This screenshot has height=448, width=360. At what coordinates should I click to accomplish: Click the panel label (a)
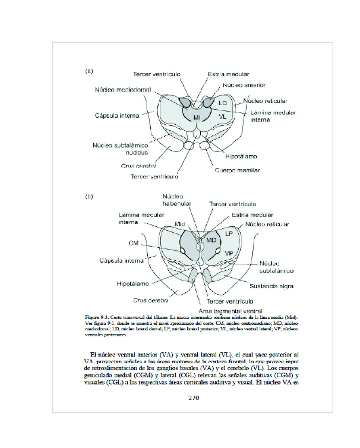pos(89,71)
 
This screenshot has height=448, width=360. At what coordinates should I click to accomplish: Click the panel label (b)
pos(89,195)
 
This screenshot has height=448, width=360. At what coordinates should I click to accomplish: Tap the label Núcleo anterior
pos(244,86)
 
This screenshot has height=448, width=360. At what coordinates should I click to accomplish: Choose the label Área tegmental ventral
pos(223,311)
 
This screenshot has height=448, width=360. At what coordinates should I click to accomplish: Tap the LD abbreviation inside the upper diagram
pos(223,103)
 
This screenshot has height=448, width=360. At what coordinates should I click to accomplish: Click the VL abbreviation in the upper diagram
pos(222,117)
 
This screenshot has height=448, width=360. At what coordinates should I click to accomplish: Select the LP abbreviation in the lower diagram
pos(229,234)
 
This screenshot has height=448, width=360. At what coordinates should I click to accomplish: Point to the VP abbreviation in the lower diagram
pos(229,253)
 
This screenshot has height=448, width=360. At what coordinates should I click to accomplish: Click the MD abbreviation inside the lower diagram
pos(211,240)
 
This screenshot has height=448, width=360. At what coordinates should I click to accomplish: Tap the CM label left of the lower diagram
pos(134,243)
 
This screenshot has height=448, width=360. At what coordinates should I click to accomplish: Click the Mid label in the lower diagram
pos(180,223)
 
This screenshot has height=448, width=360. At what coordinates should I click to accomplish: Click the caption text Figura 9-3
pos(99,318)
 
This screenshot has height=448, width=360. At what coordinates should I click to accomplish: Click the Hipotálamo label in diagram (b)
pos(133,283)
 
